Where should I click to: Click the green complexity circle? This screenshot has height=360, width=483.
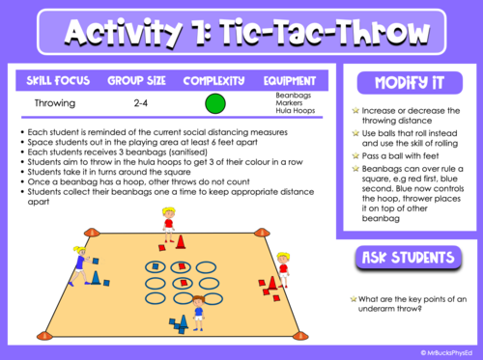pos(215,104)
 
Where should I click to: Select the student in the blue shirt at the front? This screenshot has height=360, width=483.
pos(198,312)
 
